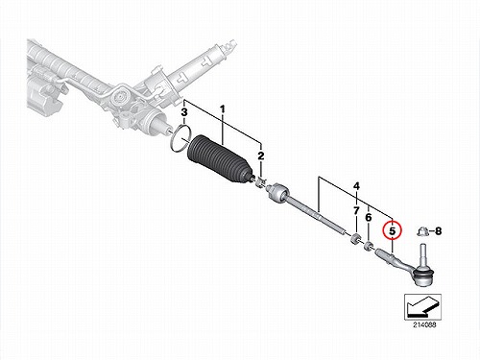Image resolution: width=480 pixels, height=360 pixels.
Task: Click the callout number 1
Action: tap(223, 109)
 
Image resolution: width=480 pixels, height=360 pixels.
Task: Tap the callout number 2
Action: tap(261, 156)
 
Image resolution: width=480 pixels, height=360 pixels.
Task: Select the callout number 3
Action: tap(184, 112)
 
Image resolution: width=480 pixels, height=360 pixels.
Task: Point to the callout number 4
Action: tap(356, 186)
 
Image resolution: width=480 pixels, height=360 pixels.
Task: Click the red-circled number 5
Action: tap(393, 230)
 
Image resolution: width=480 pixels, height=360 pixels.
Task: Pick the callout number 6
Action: tap(369, 218)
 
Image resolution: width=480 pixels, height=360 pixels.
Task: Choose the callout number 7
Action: tap(356, 210)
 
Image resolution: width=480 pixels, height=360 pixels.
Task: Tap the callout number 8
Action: tap(438, 230)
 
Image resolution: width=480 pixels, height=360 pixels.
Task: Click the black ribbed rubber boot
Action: tap(220, 160)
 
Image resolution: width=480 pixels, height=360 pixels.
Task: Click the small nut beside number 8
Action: tap(422, 231)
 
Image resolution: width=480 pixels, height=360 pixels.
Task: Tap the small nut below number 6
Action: tap(369, 247)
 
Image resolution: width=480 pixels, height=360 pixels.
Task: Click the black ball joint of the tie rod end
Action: tap(423, 276)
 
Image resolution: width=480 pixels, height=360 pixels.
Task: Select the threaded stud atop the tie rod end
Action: tap(423, 255)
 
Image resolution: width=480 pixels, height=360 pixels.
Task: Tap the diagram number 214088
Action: tap(424, 324)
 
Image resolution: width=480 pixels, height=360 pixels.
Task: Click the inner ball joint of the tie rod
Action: tap(277, 193)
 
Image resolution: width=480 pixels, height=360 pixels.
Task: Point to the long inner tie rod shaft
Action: tap(317, 215)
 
